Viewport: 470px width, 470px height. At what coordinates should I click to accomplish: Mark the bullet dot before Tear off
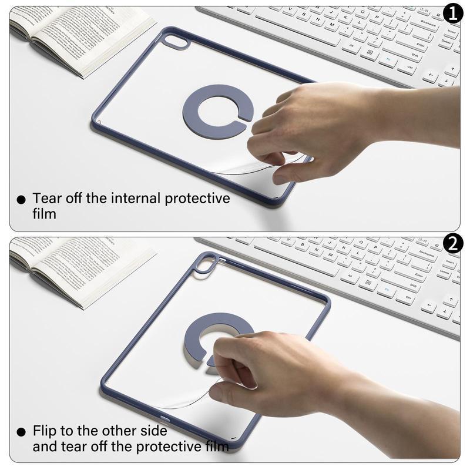pos(21,200)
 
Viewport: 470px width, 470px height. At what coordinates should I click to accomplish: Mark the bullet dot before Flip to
pos(21,432)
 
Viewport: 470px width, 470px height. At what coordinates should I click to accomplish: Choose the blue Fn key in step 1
pos(388,60)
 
